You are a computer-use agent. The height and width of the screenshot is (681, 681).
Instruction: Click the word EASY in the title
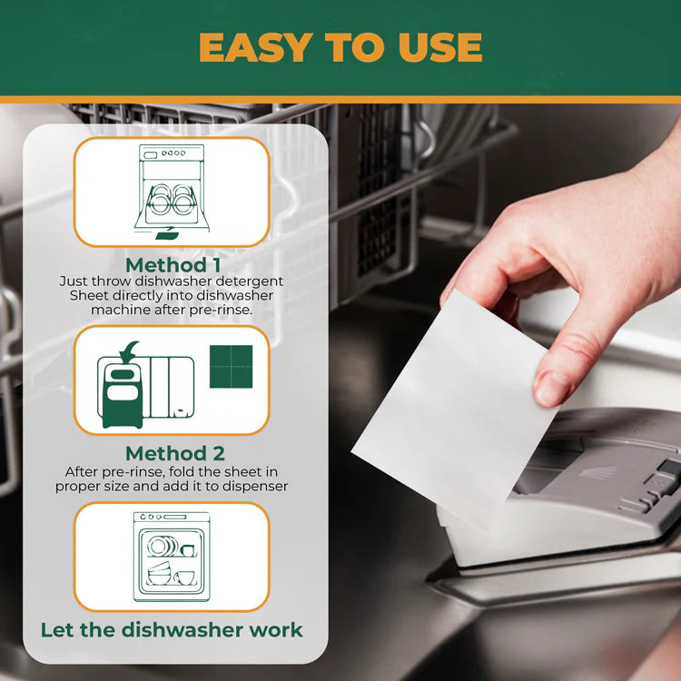pos(256,47)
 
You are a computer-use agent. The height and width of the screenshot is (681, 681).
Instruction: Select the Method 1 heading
pos(173,265)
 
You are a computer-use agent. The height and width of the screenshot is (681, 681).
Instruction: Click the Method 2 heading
pos(175,453)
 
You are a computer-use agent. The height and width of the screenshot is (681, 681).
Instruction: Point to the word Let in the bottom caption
pos(56,630)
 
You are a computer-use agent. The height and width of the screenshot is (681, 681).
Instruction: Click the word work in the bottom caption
pos(276,630)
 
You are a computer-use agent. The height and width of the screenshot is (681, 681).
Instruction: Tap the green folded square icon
pos(231,367)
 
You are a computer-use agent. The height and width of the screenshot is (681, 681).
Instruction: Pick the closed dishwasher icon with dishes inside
pos(172,557)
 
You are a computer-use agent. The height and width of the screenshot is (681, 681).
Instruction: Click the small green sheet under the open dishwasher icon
pos(167,235)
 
